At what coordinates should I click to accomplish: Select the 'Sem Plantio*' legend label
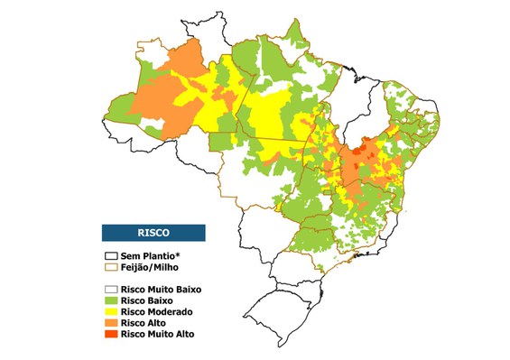click(149, 256)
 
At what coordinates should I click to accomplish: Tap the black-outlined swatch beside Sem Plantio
click(112, 256)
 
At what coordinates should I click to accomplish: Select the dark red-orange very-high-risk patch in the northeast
click(366, 145)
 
